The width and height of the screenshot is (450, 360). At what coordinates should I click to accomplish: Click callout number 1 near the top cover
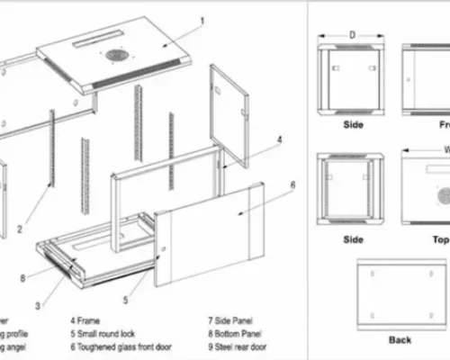point(202,20)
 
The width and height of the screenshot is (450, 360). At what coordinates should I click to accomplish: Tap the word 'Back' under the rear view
point(400,340)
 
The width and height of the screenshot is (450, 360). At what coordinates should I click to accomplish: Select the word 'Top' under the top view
point(440,239)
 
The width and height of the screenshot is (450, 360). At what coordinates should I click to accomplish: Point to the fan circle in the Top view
point(443,195)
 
